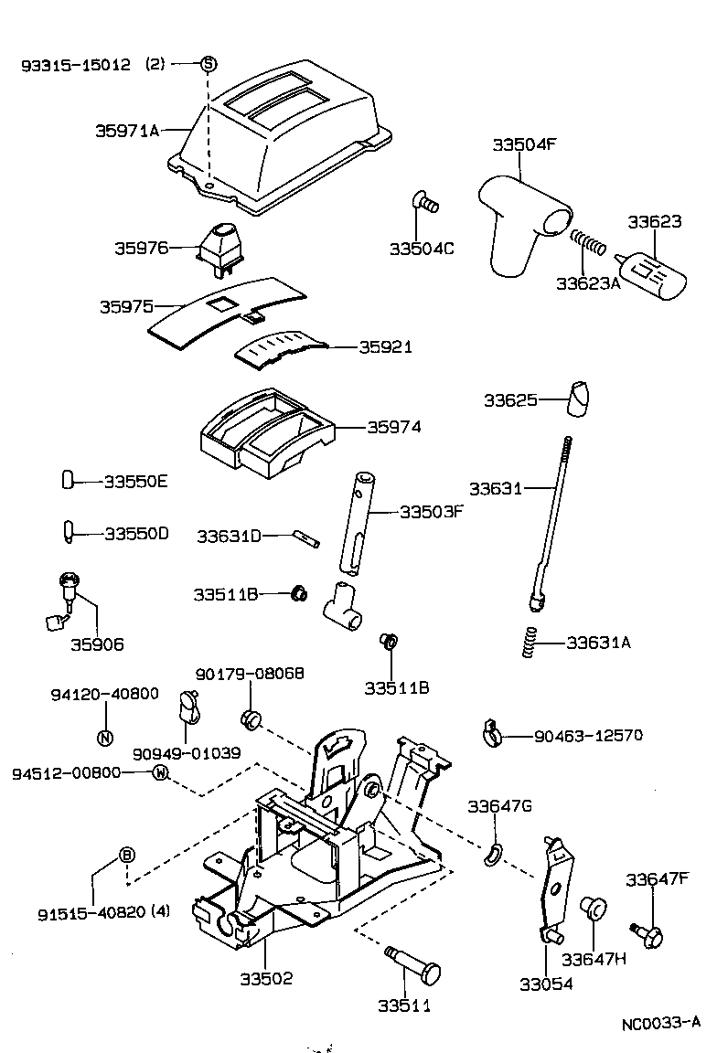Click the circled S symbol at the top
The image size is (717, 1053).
pyautogui.click(x=208, y=64)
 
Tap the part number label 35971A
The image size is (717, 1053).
pyautogui.click(x=127, y=131)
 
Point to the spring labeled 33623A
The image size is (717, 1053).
pyautogui.click(x=590, y=245)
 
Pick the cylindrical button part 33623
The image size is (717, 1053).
pyautogui.click(x=651, y=273)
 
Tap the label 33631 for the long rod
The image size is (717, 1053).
pyautogui.click(x=495, y=488)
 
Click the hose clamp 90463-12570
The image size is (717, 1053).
pyautogui.click(x=491, y=732)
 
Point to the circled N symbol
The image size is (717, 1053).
pyautogui.click(x=104, y=738)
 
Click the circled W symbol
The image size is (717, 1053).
pyautogui.click(x=160, y=772)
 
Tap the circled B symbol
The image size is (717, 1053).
pyautogui.click(x=127, y=856)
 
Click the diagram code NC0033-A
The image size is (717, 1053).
pyautogui.click(x=661, y=1023)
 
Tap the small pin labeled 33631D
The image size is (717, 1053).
pyautogui.click(x=306, y=538)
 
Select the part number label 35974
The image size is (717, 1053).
pyautogui.click(x=394, y=427)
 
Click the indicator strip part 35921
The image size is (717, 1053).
pyautogui.click(x=278, y=350)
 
